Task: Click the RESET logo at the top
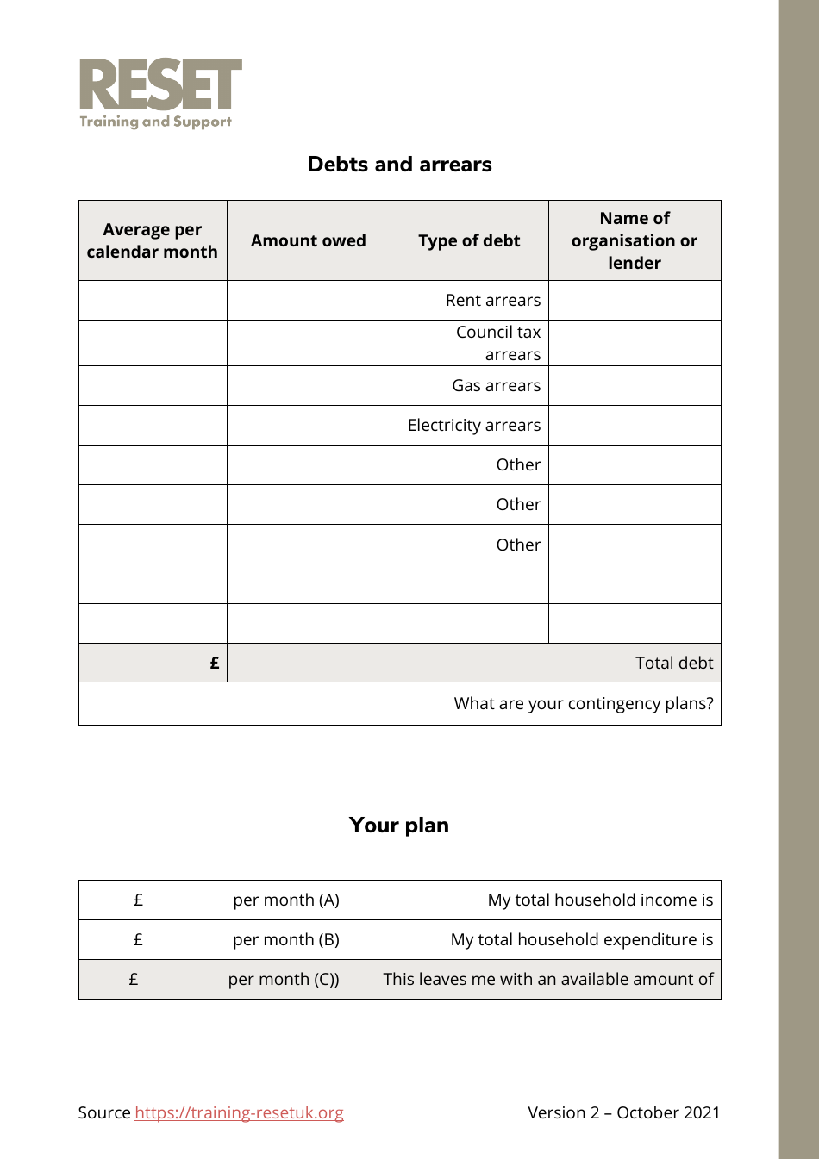click(160, 93)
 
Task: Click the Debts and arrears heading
click(399, 165)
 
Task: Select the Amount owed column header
click(309, 241)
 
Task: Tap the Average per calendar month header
click(153, 241)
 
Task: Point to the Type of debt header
click(469, 241)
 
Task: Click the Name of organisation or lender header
click(635, 241)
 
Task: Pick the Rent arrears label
click(492, 300)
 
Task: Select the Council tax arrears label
click(498, 343)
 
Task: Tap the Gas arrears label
click(496, 385)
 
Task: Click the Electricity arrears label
click(473, 425)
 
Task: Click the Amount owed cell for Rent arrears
click(309, 300)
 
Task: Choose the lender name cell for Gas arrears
click(635, 385)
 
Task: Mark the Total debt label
click(673, 663)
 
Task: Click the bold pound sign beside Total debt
click(215, 663)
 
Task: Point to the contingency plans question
click(583, 703)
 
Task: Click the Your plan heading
click(398, 826)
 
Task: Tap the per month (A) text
click(285, 900)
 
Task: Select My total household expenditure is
click(581, 939)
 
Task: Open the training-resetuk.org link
click(239, 1112)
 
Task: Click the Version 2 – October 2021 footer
click(623, 1112)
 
